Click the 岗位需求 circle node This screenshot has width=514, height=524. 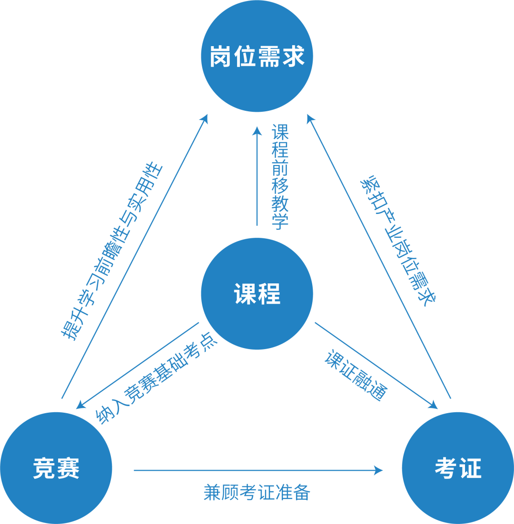coord(257,56)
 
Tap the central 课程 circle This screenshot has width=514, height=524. coord(257,294)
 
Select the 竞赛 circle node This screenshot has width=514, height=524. coord(56,468)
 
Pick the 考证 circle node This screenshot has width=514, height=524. coord(458,468)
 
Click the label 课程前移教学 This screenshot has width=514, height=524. coord(280,177)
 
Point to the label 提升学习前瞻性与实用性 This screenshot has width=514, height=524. coord(112,252)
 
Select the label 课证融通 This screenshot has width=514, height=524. coord(356,376)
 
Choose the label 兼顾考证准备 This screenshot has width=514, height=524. coord(257,492)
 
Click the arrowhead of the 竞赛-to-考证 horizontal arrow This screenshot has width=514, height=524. coord(379,470)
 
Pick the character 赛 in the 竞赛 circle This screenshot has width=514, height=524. coord(68,468)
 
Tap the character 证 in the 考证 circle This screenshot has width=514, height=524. coord(470,468)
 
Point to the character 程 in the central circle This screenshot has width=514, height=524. coord(269,294)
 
